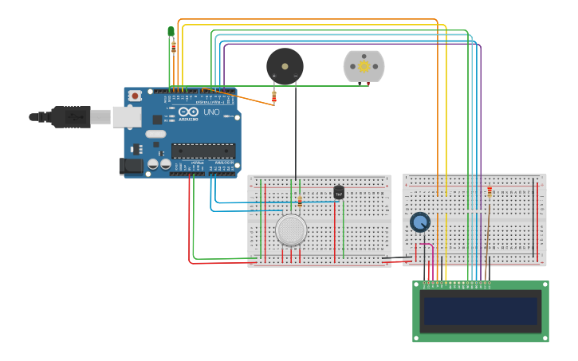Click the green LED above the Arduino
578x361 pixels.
click(171, 31)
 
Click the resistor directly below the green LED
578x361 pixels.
click(174, 47)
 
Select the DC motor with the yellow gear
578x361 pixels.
click(364, 66)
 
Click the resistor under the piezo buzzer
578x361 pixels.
click(274, 97)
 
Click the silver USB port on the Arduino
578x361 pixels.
click(126, 117)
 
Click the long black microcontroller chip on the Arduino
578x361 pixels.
click(203, 151)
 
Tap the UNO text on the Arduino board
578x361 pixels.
click(212, 112)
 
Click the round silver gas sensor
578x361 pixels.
click(291, 230)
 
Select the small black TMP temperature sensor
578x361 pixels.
click(339, 192)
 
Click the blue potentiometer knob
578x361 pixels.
click(419, 222)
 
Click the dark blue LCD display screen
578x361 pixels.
click(481, 311)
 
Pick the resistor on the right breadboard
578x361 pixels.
click(490, 191)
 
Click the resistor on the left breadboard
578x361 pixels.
click(300, 201)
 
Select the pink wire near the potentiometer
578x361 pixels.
click(431, 251)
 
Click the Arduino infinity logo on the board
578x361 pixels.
click(187, 112)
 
